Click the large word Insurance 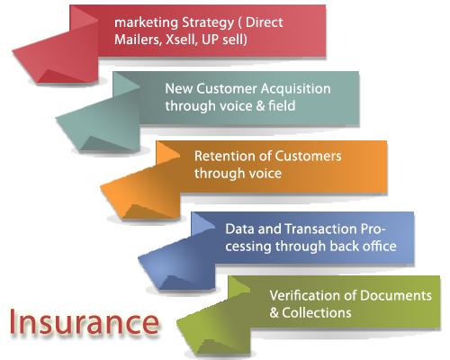click(85, 321)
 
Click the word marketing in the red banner click(147, 22)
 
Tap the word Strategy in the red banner click(208, 23)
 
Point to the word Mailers click(138, 40)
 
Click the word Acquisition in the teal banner click(295, 88)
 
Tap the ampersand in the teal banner click(260, 106)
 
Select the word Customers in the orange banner click(308, 156)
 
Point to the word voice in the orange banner click(265, 174)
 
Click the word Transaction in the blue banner click(320, 229)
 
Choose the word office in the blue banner click(380, 246)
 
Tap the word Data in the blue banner click(240, 229)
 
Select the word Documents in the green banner click(396, 295)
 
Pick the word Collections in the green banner click(317, 313)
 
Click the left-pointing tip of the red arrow click(13, 51)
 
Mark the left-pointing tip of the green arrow click(177, 322)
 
